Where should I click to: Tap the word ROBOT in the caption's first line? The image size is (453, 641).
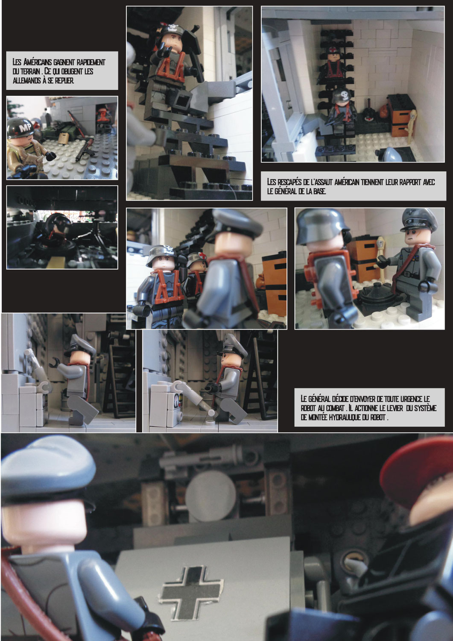coord(308,408)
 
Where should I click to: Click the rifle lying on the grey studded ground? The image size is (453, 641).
coord(85,149)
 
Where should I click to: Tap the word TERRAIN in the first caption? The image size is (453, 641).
coord(30,71)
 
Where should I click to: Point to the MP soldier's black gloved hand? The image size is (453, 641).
coord(51,156)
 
